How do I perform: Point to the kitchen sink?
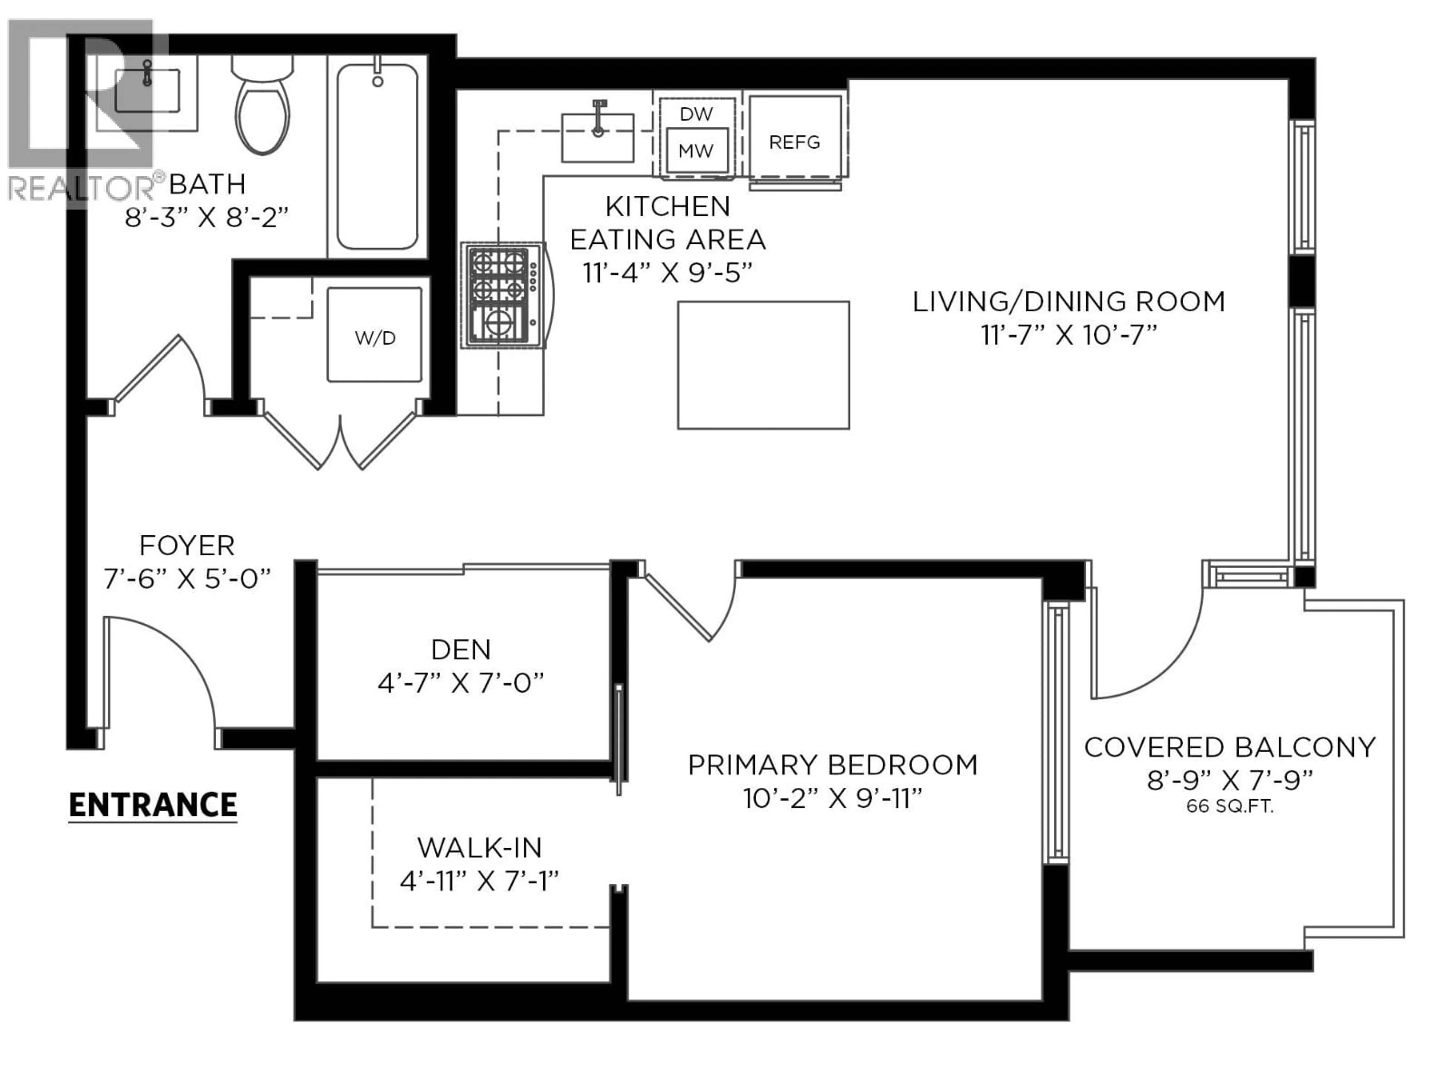click(x=597, y=138)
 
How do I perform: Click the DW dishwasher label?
click(x=696, y=114)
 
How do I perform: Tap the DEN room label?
click(x=461, y=650)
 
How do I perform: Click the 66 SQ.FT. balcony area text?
click(x=1230, y=807)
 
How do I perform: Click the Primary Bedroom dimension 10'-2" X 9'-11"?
click(x=833, y=799)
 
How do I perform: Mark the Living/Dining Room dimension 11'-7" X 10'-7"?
click(x=1069, y=335)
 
